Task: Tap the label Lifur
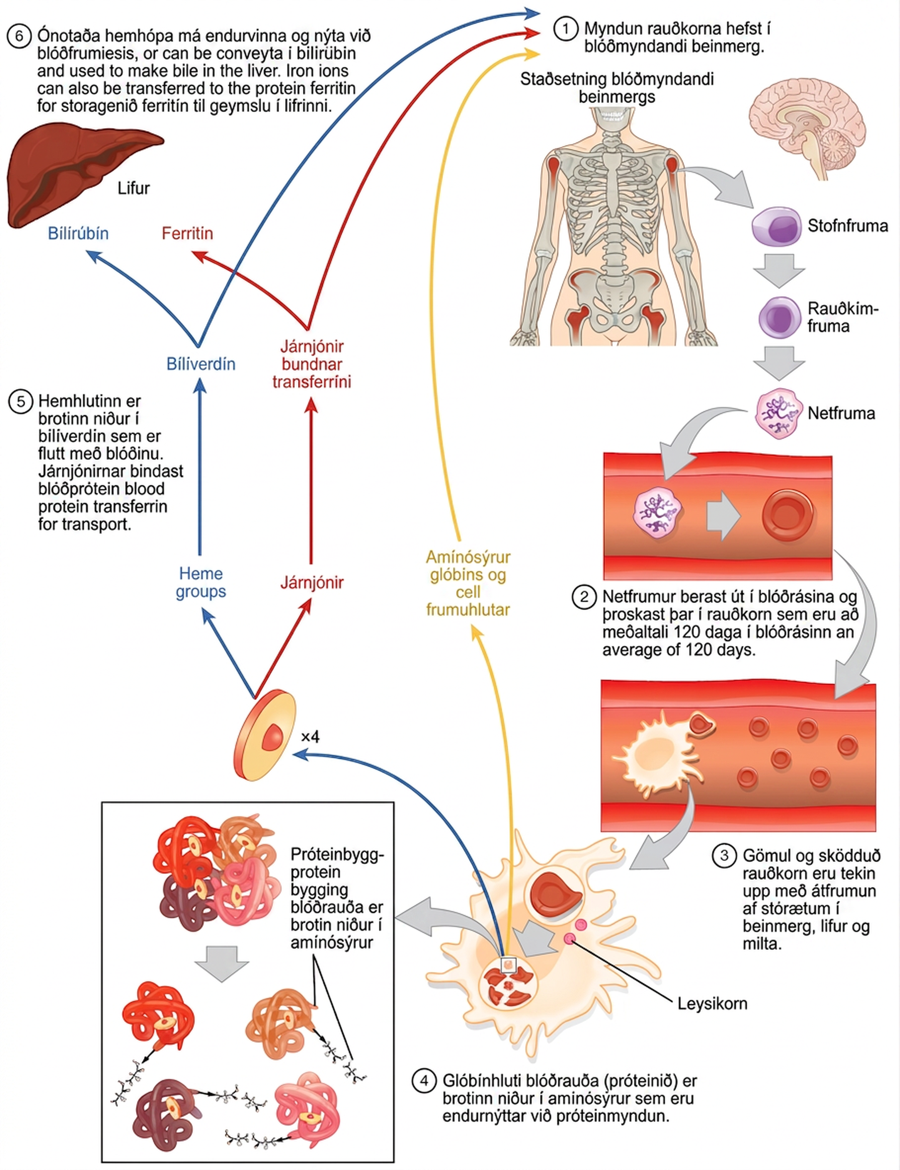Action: pyautogui.click(x=133, y=188)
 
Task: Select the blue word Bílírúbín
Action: pyautogui.click(x=78, y=233)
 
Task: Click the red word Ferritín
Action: pyautogui.click(x=187, y=233)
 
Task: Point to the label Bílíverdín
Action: pyautogui.click(x=201, y=364)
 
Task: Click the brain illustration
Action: pyautogui.click(x=806, y=129)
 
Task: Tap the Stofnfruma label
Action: pyautogui.click(x=848, y=226)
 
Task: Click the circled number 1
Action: pyautogui.click(x=566, y=29)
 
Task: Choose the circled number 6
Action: pyautogui.click(x=19, y=37)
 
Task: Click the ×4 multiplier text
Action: pyautogui.click(x=310, y=737)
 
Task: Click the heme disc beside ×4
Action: pyautogui.click(x=265, y=735)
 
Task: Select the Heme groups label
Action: pyautogui.click(x=201, y=582)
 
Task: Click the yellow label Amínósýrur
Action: pyautogui.click(x=468, y=557)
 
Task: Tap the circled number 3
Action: pyautogui.click(x=724, y=855)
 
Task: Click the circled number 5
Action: pyautogui.click(x=20, y=401)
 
